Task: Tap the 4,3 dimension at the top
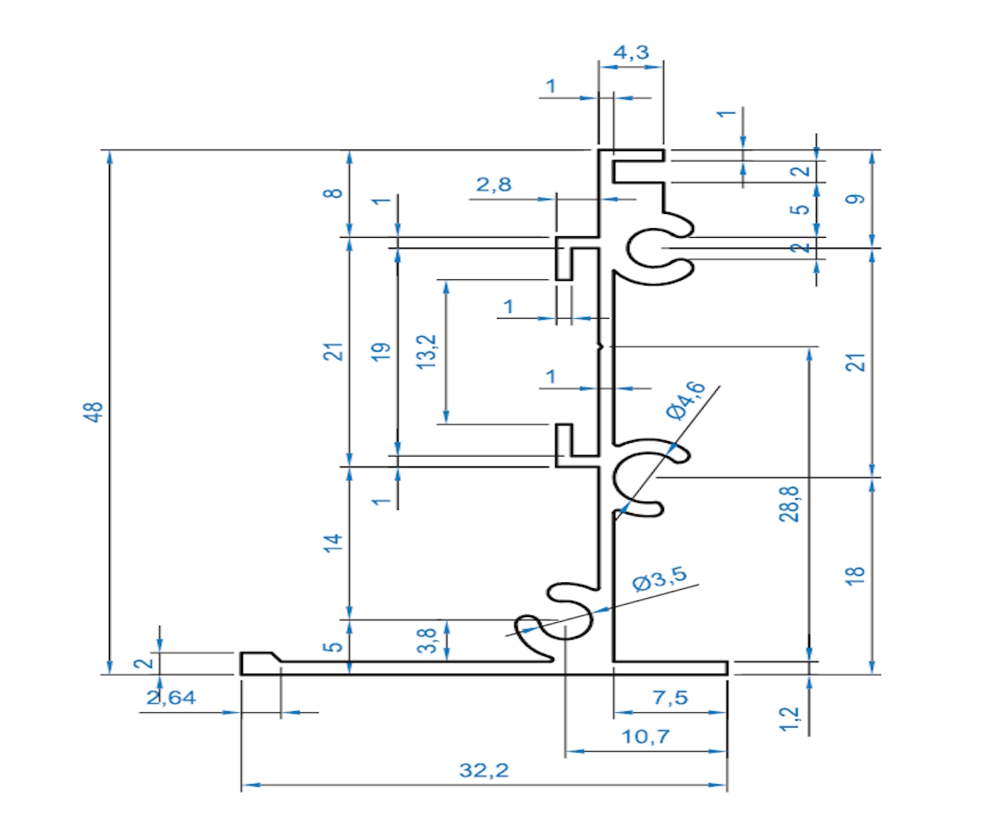pos(631,53)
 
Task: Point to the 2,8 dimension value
pos(493,185)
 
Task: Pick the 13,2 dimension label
pos(428,351)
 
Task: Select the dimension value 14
pos(332,543)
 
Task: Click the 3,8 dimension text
pos(428,641)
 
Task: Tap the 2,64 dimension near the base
pos(172,698)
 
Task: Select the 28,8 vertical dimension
pos(791,505)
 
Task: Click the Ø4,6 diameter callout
pos(685,401)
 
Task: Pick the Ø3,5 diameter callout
pos(659,582)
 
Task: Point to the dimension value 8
pos(332,193)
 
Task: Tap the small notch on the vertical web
pos(602,346)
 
